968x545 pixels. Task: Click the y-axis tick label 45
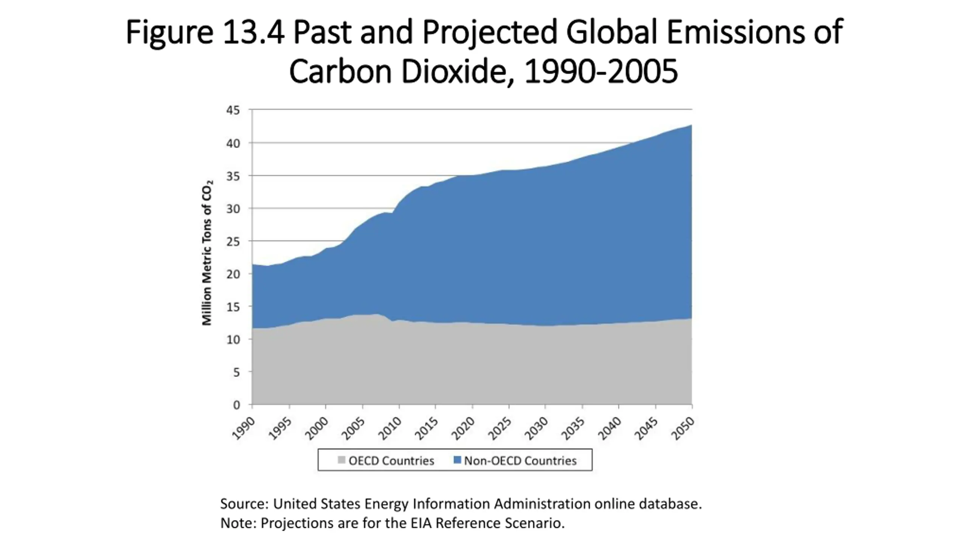[x=233, y=111]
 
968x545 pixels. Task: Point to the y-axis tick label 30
[x=233, y=209]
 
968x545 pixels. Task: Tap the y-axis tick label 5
[x=236, y=372]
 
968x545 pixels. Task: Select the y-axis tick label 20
[x=233, y=274]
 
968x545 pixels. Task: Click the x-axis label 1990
[x=243, y=428]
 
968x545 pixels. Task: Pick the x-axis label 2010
[x=389, y=428]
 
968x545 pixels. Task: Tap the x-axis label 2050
[x=683, y=428]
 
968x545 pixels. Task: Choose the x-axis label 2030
[x=536, y=428]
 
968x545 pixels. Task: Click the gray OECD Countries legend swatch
[x=341, y=460]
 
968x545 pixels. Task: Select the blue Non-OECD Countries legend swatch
[x=457, y=460]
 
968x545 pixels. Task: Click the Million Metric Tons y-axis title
[x=207, y=253]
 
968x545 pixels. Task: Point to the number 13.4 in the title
[x=253, y=32]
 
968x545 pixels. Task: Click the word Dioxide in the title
[x=454, y=72]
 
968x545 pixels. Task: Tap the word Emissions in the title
[x=735, y=32]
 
